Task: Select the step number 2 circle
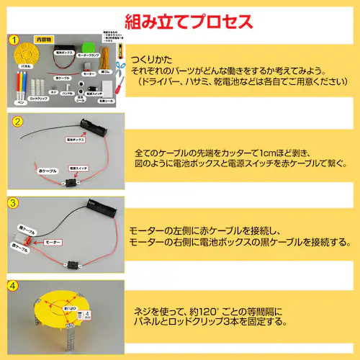[x=14, y=120]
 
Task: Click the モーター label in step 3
[x=53, y=243]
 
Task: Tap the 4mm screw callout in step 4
[x=88, y=313]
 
